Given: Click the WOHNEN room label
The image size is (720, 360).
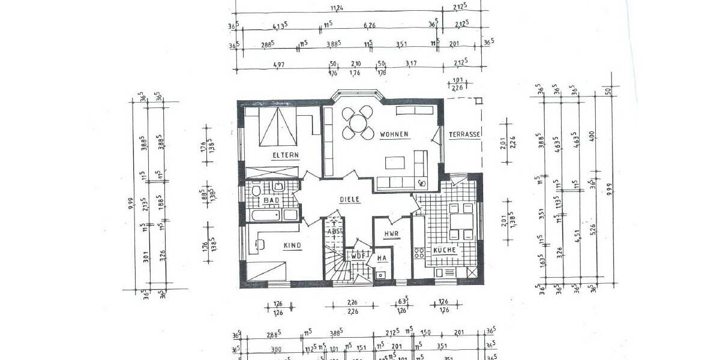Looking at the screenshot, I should (x=394, y=134).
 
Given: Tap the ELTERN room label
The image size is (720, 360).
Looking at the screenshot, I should (x=286, y=155).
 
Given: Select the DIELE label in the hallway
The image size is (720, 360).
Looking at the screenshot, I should (x=349, y=200).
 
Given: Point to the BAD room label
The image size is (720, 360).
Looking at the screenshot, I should (x=272, y=200).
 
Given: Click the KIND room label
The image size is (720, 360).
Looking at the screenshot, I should (x=292, y=245).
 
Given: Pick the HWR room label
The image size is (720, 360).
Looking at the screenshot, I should (x=392, y=235).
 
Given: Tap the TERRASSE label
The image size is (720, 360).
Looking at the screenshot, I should (x=464, y=134).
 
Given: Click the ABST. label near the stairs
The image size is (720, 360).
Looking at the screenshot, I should (x=334, y=231).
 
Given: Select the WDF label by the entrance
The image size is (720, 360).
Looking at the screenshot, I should (x=358, y=256).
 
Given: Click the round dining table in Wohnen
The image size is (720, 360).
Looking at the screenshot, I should (x=358, y=122).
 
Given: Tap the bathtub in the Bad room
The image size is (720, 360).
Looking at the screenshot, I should (x=265, y=215).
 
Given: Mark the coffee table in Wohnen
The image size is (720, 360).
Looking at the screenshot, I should (x=395, y=163).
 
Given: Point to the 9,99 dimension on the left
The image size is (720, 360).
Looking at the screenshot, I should (x=131, y=205).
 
